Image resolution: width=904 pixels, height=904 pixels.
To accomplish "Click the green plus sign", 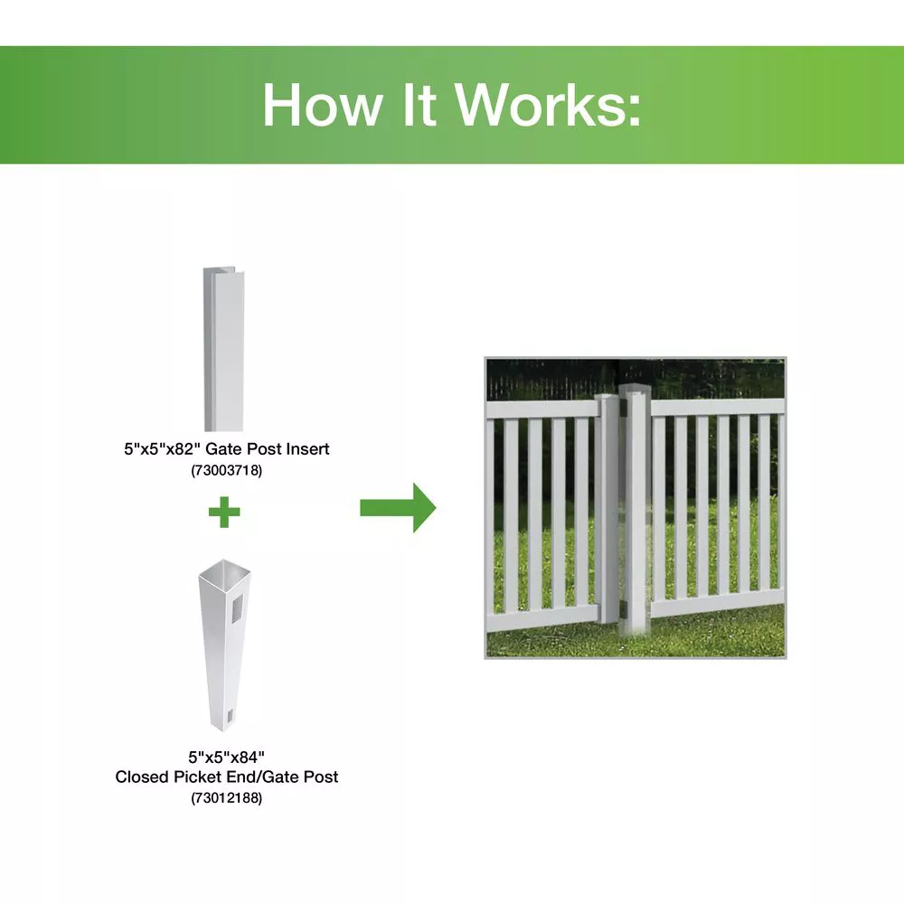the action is tap(224, 512).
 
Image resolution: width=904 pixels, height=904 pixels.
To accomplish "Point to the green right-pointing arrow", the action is tap(398, 508).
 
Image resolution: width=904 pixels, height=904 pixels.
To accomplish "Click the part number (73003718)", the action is tap(227, 470).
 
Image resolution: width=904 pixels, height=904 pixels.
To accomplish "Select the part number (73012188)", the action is tap(227, 798).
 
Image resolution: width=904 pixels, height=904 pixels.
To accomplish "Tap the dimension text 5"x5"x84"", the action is tap(227, 757).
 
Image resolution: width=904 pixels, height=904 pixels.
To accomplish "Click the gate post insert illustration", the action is tap(223, 348).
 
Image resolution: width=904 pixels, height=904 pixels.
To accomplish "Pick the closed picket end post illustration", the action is tap(224, 645).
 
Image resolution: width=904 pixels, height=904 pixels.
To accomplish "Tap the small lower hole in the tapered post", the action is tap(228, 716).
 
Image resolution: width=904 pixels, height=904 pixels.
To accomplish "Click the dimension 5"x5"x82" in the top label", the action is tap(162, 448).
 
